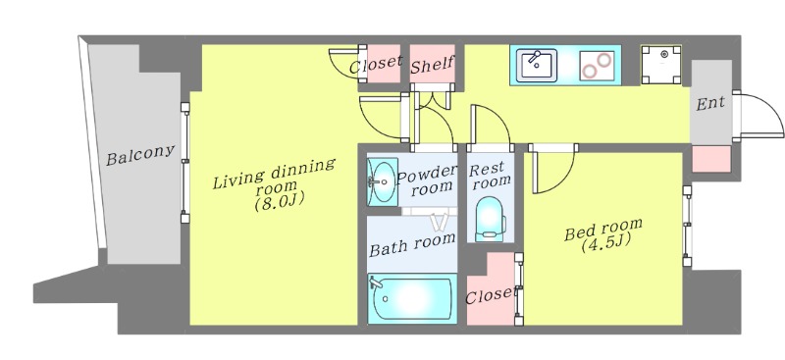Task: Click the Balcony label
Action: [140, 155]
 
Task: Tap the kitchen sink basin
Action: [537, 65]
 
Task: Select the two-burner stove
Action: [598, 66]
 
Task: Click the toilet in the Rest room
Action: [489, 219]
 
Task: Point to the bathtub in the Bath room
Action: [412, 298]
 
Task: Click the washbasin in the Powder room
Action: [383, 181]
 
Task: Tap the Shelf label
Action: [432, 65]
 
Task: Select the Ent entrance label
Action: [710, 104]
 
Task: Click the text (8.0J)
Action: [280, 203]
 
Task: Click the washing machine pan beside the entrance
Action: [661, 65]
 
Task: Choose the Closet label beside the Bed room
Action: [490, 295]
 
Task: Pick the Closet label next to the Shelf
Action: [376, 64]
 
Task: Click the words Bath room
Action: [412, 245]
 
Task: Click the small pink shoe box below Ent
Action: [711, 159]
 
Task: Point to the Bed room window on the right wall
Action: [688, 226]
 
